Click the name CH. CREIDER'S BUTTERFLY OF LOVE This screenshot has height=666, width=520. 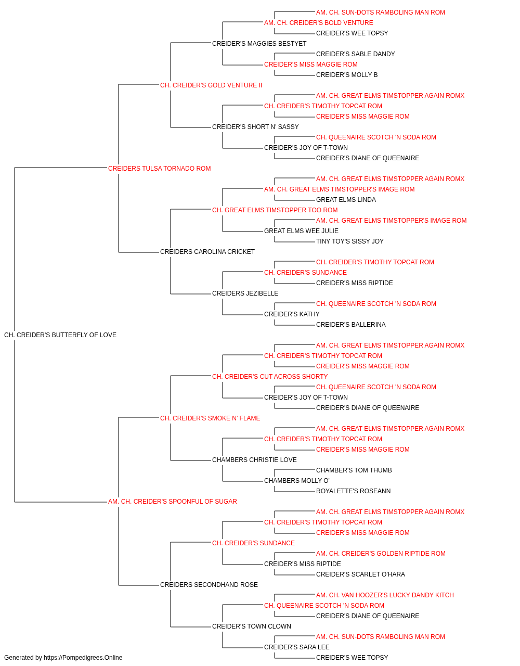pos(60,335)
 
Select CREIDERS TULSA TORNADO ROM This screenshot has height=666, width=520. pos(159,169)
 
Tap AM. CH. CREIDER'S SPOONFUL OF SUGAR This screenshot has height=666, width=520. pos(173,502)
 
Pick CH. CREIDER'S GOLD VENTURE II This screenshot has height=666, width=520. pos(211,85)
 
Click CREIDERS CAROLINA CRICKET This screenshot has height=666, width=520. pos(207,252)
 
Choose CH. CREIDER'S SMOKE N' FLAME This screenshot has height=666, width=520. pos(210,418)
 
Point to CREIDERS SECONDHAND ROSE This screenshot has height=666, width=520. pos(209,584)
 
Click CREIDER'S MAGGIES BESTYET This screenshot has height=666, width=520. pos(259,44)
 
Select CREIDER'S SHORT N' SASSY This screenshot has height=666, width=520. pos(255,127)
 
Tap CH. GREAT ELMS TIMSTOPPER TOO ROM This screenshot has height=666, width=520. pos(275,210)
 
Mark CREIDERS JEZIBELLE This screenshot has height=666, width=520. pos(245,293)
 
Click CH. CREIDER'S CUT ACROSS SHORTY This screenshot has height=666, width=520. pos(270,376)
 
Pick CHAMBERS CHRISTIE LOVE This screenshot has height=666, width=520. pos(254,460)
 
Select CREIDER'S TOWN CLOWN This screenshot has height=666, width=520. pos(252,626)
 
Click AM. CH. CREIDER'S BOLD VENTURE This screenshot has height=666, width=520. pos(318,23)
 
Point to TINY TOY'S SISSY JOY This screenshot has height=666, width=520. pos(350,241)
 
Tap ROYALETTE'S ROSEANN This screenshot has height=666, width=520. pos(354,491)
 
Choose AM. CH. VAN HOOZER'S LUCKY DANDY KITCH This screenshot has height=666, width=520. pos(385,595)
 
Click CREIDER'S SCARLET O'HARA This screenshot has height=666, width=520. pos(360,574)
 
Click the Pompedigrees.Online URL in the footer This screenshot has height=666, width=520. pos(83,658)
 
